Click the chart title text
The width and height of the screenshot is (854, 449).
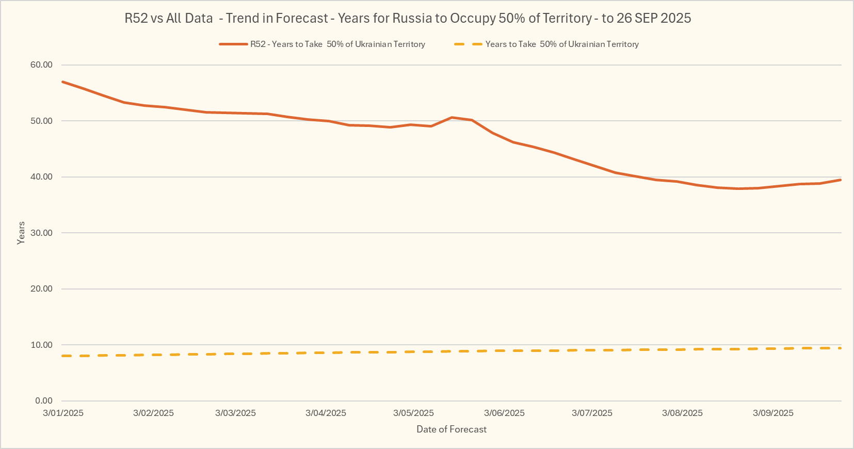(x=408, y=19)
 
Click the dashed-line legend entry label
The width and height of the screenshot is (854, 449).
(x=562, y=44)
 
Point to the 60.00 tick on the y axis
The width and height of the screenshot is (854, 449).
(x=41, y=65)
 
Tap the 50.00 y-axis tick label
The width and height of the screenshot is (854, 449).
(x=41, y=121)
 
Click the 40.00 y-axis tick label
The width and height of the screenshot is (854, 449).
(x=41, y=177)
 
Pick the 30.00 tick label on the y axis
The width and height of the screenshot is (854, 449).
(x=41, y=233)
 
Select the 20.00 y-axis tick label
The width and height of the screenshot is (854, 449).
(x=41, y=289)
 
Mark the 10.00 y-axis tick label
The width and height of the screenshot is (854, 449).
(x=41, y=345)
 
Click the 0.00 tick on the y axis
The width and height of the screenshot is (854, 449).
(x=44, y=401)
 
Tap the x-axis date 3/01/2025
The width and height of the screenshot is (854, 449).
(x=63, y=413)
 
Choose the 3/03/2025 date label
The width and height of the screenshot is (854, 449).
(x=235, y=413)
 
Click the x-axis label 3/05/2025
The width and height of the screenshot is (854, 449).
(x=413, y=413)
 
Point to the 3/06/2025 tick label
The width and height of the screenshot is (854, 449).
(x=504, y=413)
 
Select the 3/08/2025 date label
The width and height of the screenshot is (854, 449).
(x=682, y=413)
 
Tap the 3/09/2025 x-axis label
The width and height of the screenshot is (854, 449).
(x=773, y=413)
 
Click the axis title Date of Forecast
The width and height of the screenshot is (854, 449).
(x=452, y=429)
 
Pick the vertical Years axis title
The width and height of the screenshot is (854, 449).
(x=21, y=233)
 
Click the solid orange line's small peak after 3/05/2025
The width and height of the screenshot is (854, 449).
(x=452, y=118)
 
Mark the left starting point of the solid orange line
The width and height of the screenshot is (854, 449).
(x=62, y=82)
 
